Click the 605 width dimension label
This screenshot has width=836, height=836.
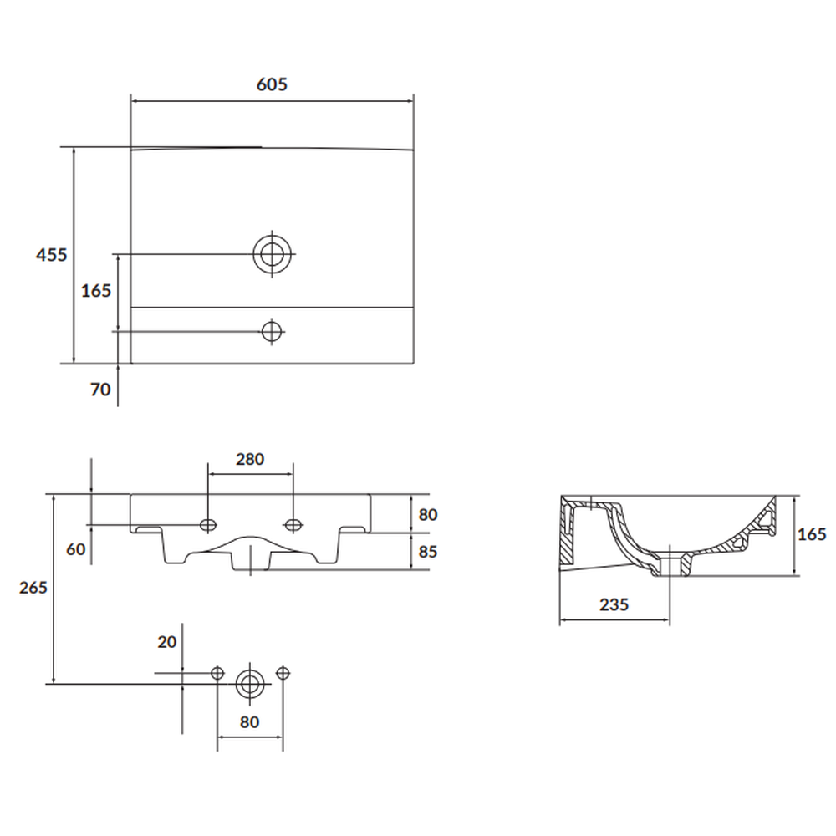272,84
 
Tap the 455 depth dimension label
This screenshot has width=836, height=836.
52,255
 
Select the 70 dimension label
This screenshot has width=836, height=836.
100,390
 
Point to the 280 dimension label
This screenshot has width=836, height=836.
250,459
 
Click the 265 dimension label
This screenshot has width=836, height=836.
33,588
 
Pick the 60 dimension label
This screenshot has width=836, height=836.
76,549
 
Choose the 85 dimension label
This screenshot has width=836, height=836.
427,551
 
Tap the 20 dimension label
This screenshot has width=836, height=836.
167,642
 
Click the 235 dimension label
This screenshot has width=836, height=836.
614,604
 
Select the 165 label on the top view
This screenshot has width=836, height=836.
96,291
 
